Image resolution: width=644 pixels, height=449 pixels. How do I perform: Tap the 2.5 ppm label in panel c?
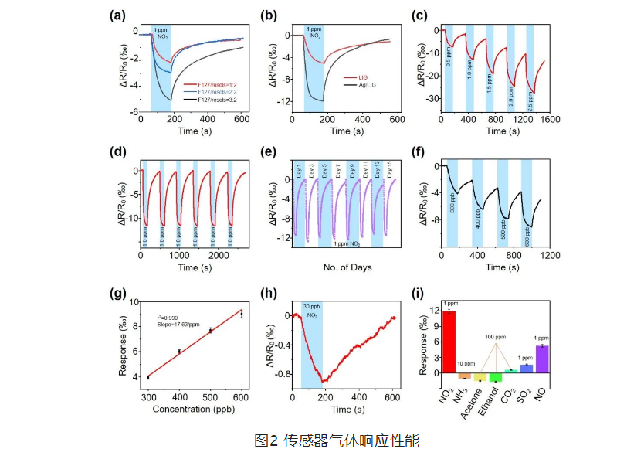tap(530, 104)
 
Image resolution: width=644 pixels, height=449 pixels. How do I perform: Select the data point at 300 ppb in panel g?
tap(147, 376)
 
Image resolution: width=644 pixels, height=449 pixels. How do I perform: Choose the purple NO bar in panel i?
tap(542, 359)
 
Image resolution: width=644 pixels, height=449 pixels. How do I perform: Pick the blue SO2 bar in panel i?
tap(527, 369)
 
